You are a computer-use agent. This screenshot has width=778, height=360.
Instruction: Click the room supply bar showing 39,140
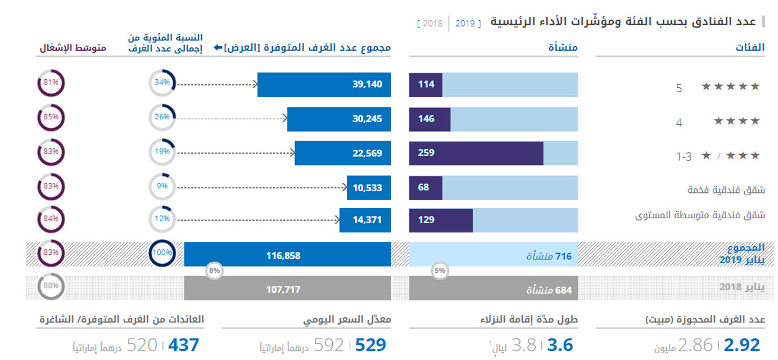[x=324, y=84]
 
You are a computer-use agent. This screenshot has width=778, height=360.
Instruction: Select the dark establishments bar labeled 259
[x=476, y=153]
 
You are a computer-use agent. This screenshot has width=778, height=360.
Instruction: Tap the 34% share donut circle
[x=162, y=83]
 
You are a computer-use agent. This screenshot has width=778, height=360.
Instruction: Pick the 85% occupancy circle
[x=51, y=118]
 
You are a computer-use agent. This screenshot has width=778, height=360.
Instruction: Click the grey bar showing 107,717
[x=287, y=290]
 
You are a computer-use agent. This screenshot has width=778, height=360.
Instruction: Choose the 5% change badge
[x=440, y=271]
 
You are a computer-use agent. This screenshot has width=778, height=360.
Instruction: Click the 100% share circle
[x=162, y=253]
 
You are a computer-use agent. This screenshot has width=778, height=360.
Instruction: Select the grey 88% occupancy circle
[x=51, y=286]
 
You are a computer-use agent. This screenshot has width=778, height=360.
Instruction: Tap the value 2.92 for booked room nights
[x=742, y=344]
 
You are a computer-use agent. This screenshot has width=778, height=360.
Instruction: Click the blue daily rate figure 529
[x=370, y=344]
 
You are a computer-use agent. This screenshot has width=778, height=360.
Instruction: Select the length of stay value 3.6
[x=560, y=344]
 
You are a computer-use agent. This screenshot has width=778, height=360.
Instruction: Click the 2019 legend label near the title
[x=465, y=24]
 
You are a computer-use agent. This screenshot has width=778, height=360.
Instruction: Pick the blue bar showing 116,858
[x=287, y=255]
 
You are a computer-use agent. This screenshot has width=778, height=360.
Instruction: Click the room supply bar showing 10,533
[x=368, y=187]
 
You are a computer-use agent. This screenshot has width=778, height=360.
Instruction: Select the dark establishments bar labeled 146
[x=430, y=119]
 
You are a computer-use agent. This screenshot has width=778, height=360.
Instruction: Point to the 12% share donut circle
[x=162, y=219]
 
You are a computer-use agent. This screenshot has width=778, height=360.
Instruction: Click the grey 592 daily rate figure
[x=328, y=344]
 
